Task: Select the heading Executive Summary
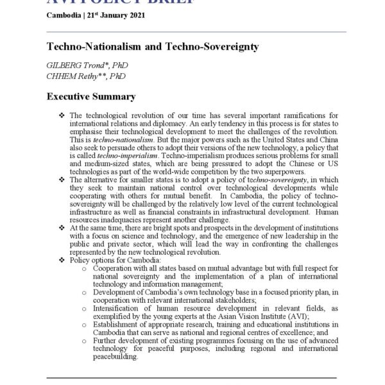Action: pos(91,97)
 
